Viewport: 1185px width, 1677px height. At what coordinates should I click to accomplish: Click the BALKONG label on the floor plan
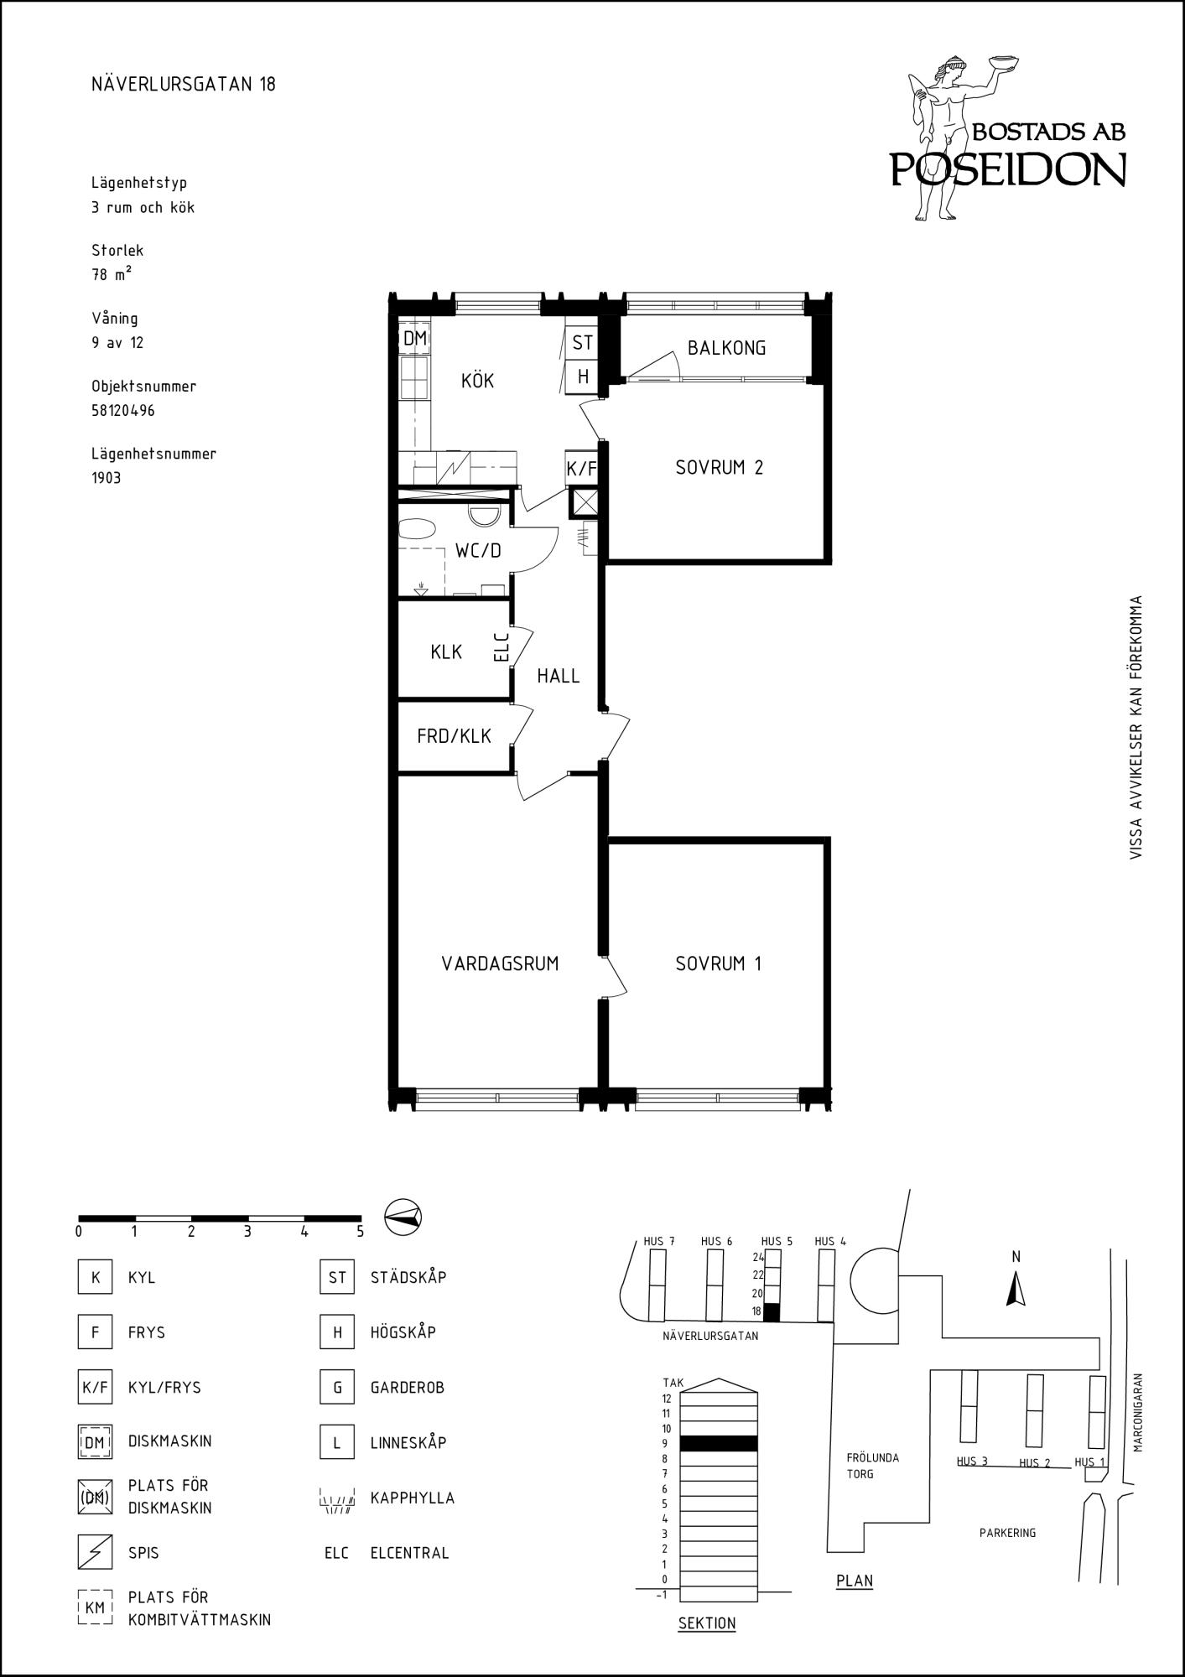pos(726,348)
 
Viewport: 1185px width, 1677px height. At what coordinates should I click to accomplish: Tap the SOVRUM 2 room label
pos(719,468)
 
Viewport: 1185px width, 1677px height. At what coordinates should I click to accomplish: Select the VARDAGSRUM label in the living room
pos(500,963)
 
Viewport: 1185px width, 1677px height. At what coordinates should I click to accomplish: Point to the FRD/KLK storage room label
pos(454,736)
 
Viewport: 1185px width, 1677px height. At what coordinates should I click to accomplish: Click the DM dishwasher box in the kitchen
pos(414,339)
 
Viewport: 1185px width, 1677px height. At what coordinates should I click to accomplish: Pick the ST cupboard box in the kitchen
pos(582,342)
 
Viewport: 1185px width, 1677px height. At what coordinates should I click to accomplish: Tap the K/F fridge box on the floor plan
pos(582,469)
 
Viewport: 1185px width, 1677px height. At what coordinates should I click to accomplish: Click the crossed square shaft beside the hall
pos(585,503)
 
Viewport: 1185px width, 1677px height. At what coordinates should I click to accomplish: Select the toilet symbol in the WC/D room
pos(483,515)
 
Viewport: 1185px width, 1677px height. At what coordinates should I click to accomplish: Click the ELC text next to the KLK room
pos(502,646)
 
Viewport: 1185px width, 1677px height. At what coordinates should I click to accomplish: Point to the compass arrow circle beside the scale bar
pos(403,1216)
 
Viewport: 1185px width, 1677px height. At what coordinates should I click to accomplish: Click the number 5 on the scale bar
pos(360,1232)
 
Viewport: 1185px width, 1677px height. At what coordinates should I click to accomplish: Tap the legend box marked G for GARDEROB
pos(337,1387)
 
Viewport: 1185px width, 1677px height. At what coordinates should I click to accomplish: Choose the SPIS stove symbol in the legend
pos(95,1552)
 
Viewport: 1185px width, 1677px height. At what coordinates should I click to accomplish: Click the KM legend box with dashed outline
pos(95,1607)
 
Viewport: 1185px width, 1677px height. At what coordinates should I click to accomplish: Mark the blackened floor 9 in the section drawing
pos(719,1443)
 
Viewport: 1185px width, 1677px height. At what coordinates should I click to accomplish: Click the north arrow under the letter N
pos(1016,1289)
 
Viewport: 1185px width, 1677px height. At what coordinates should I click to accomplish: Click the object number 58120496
pos(123,411)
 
